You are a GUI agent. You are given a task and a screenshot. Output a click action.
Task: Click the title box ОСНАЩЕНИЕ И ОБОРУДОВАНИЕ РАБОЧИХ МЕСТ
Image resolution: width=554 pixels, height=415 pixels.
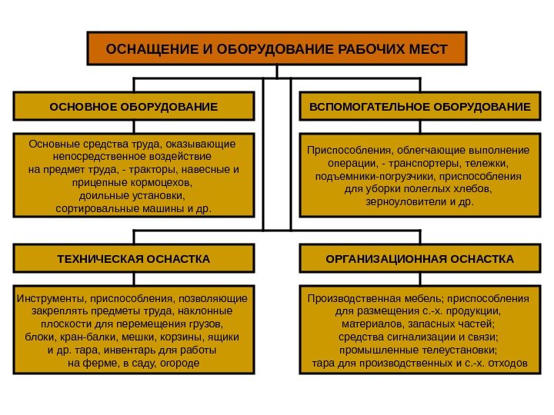point(276,48)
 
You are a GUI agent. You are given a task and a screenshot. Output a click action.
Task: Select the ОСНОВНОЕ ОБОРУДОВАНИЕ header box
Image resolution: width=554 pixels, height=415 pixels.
point(133,106)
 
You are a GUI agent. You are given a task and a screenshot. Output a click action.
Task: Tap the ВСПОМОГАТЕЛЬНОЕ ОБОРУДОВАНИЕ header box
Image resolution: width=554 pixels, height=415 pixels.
point(419,106)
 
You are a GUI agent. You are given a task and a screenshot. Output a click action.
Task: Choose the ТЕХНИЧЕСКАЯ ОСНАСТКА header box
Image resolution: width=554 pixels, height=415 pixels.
point(133,259)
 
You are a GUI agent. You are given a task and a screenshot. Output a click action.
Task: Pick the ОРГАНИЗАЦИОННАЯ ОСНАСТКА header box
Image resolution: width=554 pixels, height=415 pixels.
point(419,259)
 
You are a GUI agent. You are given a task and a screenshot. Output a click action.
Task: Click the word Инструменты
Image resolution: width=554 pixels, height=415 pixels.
point(50,298)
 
